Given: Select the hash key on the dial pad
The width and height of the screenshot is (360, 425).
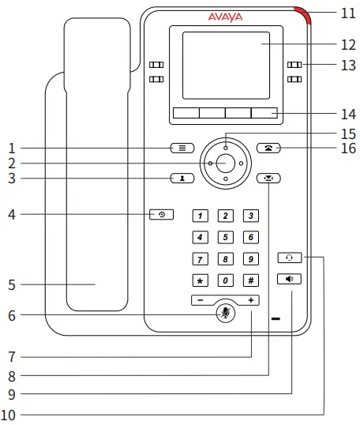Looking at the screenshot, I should [250, 280].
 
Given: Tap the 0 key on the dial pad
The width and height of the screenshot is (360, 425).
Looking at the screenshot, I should [225, 280].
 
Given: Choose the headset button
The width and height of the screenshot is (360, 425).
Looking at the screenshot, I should [290, 257].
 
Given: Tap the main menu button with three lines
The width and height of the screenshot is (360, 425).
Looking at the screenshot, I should [181, 148].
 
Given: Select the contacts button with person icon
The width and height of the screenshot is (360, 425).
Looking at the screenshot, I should [181, 178].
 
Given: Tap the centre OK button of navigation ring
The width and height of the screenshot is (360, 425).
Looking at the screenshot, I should [225, 163].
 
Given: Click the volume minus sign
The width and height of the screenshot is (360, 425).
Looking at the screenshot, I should [201, 301].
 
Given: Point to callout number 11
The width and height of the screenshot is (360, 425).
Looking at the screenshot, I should [348, 13].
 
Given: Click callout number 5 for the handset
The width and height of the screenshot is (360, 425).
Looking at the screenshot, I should [12, 284].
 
